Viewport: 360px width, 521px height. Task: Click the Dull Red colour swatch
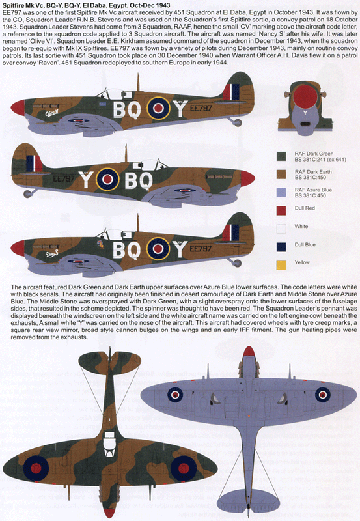pos(281,210)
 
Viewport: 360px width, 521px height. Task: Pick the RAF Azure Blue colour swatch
pos(281,192)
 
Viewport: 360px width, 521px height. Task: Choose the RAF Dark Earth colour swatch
pos(281,174)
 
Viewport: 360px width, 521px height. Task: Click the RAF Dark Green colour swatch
pos(281,156)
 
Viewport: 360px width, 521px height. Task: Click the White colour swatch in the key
pos(281,229)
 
